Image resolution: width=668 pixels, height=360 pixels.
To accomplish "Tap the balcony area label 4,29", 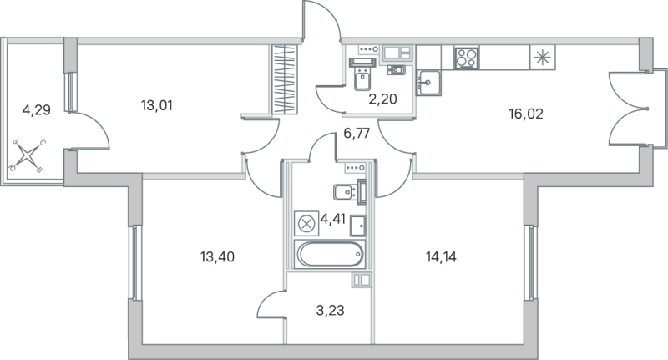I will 37,109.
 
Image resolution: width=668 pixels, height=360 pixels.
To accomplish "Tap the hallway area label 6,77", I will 357,131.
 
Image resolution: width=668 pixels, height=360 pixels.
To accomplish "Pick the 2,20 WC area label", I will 382,99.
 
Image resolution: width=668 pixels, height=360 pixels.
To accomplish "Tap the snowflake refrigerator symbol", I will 542,58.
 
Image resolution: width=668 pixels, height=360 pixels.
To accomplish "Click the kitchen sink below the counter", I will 429,80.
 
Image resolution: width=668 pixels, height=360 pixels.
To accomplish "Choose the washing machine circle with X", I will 306,223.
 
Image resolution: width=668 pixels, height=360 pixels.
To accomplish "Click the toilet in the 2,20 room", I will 362,78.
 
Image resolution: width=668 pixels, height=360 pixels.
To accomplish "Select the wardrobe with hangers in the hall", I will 285,80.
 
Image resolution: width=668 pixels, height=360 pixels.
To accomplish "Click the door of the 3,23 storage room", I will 272,307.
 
